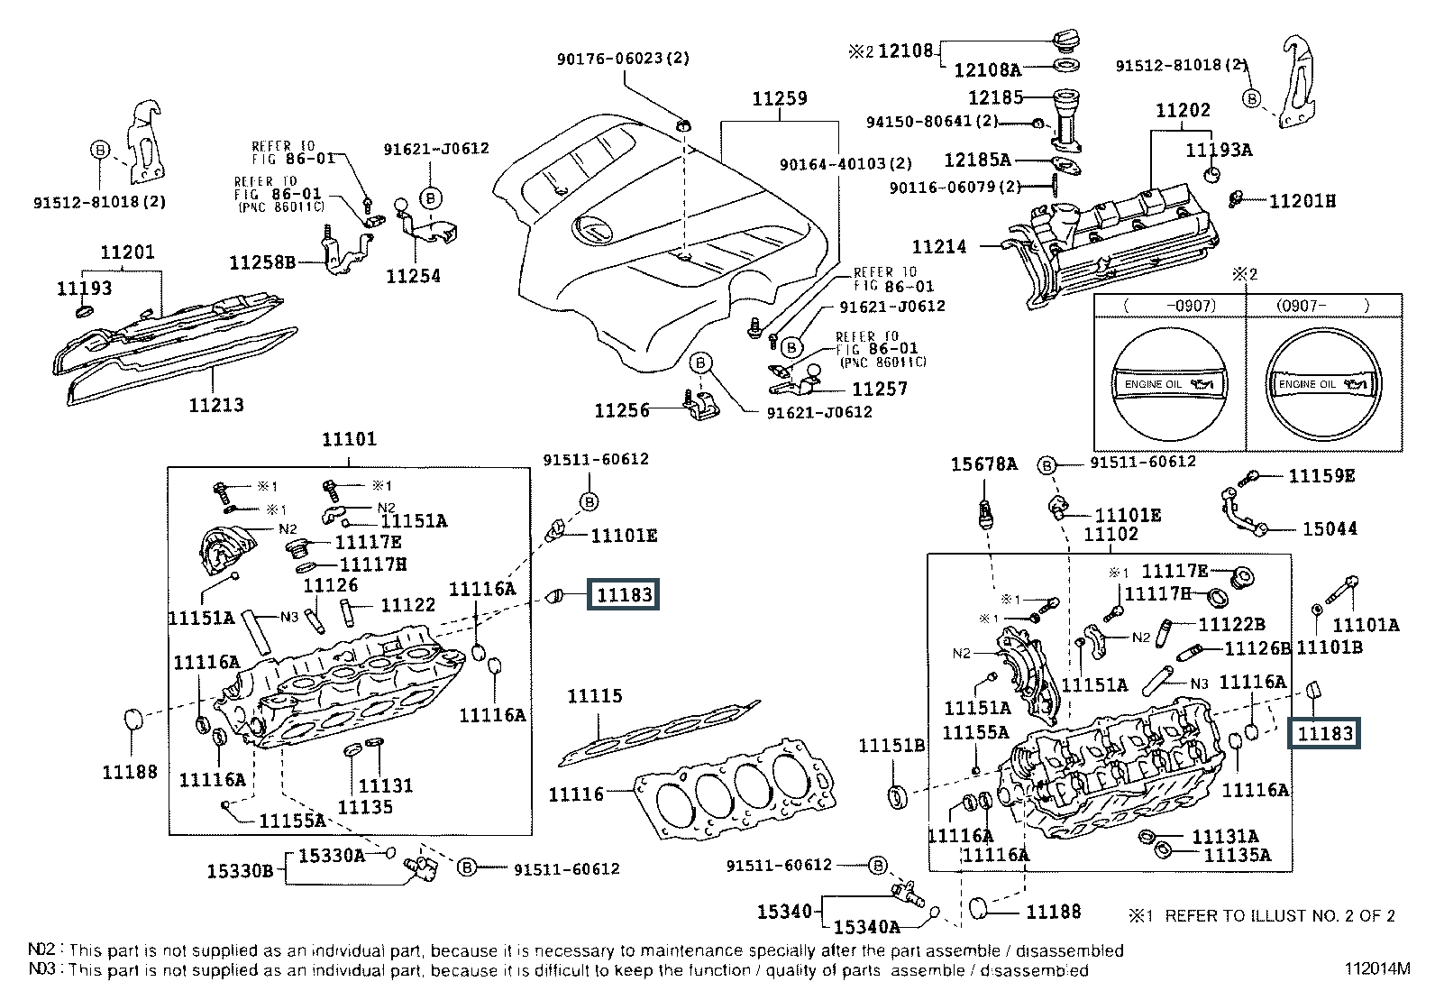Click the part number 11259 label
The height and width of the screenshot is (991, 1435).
pos(780,99)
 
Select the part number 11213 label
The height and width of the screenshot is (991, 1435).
pos(216,405)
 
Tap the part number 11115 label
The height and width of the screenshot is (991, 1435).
pos(594,697)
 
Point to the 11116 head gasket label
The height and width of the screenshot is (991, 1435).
pos(576,794)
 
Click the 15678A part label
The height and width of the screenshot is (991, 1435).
pos(984,465)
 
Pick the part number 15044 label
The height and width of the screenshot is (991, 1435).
pos(1330,529)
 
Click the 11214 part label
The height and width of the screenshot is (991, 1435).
pos(939,246)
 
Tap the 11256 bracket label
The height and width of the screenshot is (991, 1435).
pos(621,411)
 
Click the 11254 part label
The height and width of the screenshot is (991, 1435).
pos(413,276)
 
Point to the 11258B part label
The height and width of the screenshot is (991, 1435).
pos(262,262)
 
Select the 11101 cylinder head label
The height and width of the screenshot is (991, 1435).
pos(349,440)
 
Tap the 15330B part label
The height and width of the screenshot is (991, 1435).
pos(240,871)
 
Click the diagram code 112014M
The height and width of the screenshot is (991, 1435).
pos(1376,970)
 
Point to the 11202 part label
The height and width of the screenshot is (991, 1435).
pos(1183,111)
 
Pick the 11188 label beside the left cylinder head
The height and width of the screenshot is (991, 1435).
pos(130,772)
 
